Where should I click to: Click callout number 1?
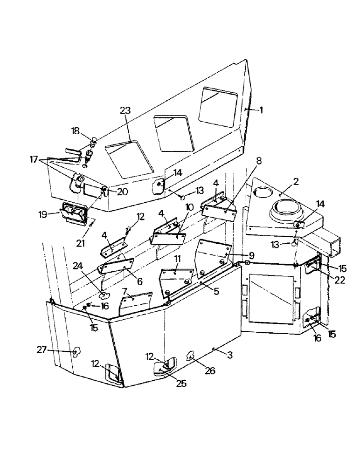tap(261, 110)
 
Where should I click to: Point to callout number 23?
tap(125, 111)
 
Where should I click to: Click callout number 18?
tap(75, 131)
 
